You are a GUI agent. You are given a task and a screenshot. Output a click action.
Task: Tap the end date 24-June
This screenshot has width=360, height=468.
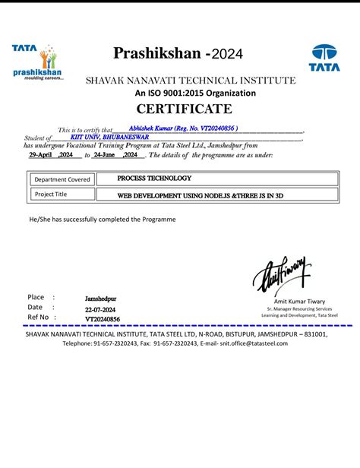point(108,154)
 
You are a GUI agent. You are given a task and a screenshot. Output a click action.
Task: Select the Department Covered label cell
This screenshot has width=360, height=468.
point(62,180)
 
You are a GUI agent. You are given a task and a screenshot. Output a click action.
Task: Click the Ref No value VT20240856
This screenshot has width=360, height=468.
point(103,318)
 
